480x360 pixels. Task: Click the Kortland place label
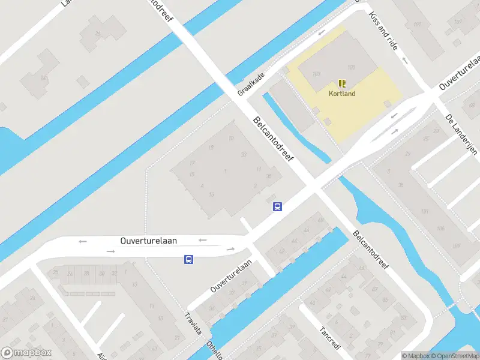pyautogui.click(x=342, y=94)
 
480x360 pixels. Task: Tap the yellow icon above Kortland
pyautogui.click(x=342, y=83)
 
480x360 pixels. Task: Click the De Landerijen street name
pyautogui.click(x=461, y=134)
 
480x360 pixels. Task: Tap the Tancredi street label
pyautogui.click(x=330, y=340)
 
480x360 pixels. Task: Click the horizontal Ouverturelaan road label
pyautogui.click(x=149, y=241)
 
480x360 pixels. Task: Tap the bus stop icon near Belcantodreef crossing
pyautogui.click(x=278, y=206)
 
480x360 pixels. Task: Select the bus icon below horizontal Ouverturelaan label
pyautogui.click(x=188, y=259)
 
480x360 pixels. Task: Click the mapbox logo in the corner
pyautogui.click(x=26, y=353)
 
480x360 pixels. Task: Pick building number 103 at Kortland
pyautogui.click(x=317, y=74)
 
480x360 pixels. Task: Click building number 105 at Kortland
pyautogui.click(x=351, y=67)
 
